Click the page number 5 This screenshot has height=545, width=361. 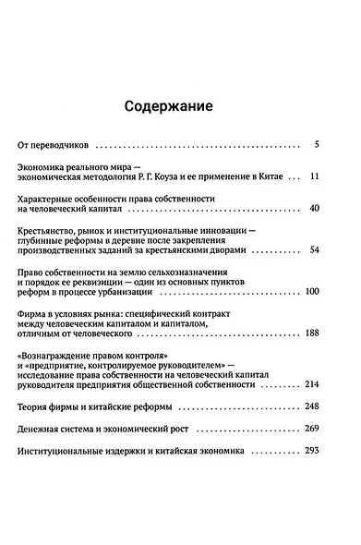[x=316, y=145]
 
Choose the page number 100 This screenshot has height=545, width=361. [x=310, y=293]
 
